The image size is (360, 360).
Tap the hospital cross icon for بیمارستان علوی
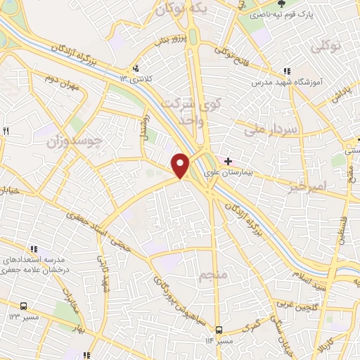coord(229,160)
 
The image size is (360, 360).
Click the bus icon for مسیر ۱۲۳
coord(24,307)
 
